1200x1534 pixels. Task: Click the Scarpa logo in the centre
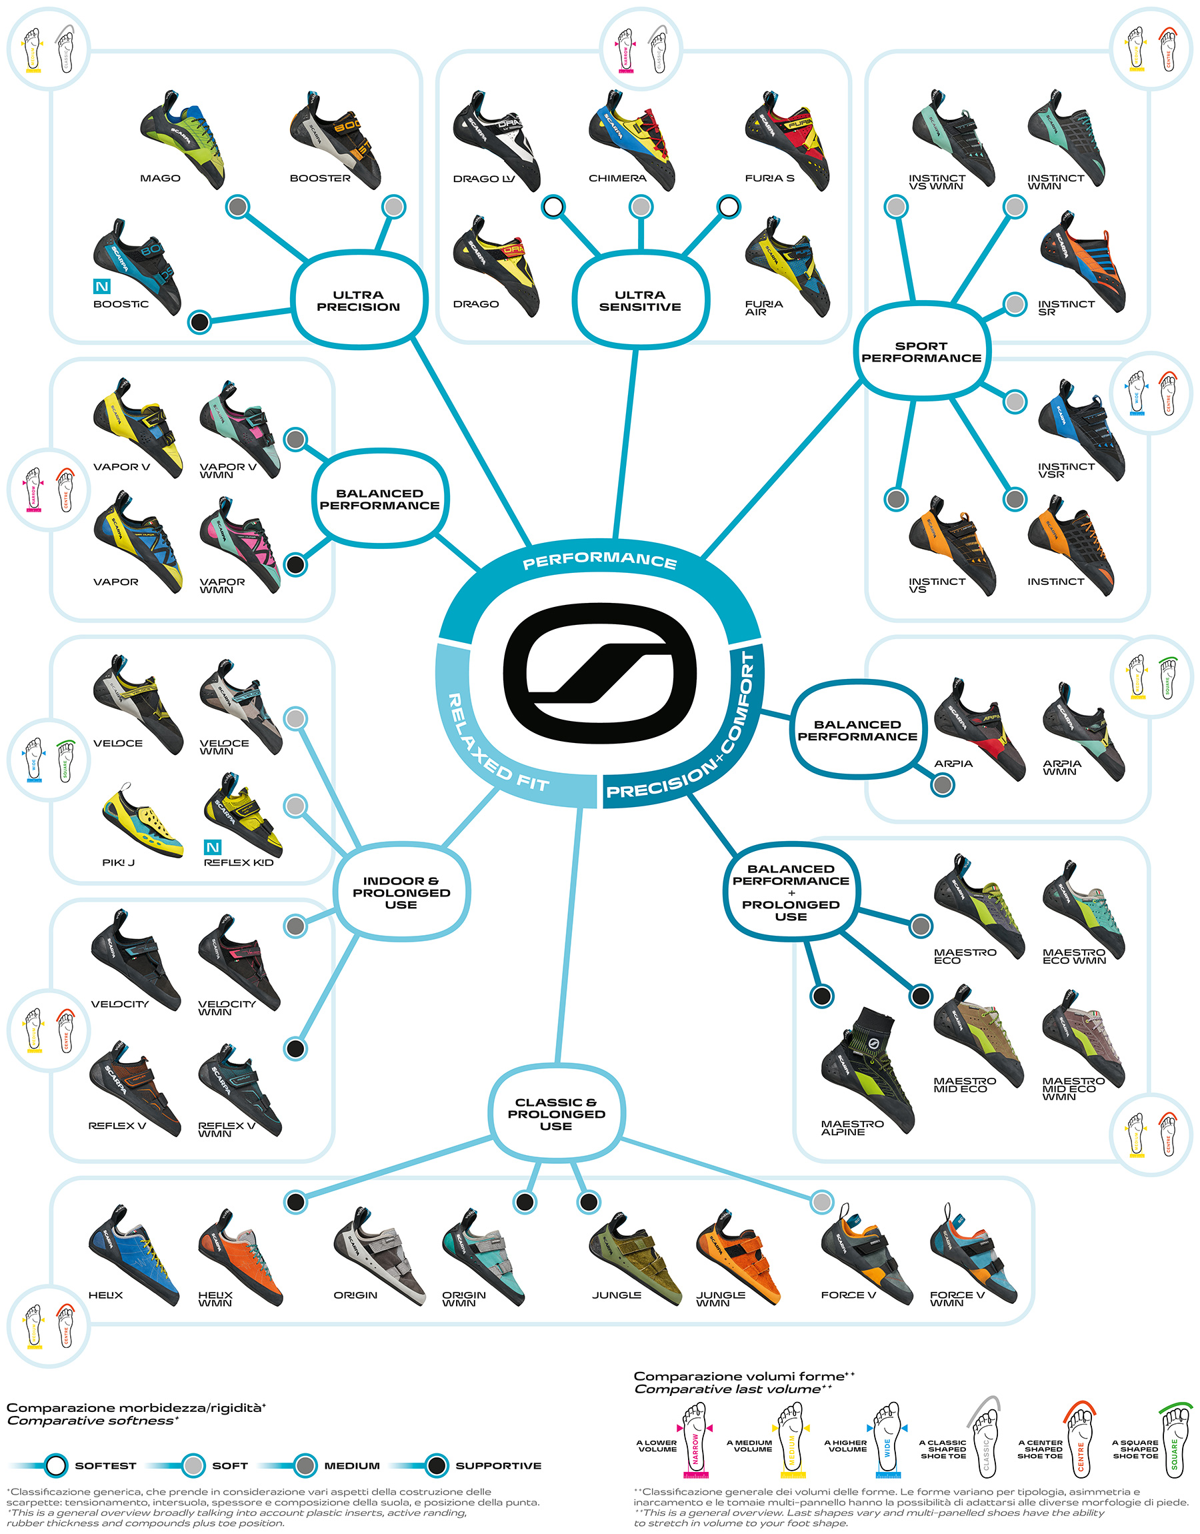(599, 672)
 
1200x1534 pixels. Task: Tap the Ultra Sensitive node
(640, 301)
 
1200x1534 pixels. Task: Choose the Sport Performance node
(921, 351)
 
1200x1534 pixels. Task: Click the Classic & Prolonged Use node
(556, 1114)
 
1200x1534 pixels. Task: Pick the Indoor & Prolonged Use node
(401, 892)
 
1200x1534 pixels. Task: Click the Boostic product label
(121, 304)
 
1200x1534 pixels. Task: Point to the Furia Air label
(764, 307)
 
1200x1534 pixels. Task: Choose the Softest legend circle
(55, 1465)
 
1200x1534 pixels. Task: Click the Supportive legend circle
(437, 1465)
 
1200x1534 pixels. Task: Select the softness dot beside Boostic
(200, 322)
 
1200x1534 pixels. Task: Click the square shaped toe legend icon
(1174, 1435)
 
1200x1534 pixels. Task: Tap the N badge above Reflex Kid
(213, 848)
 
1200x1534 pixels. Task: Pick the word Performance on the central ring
(599, 561)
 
